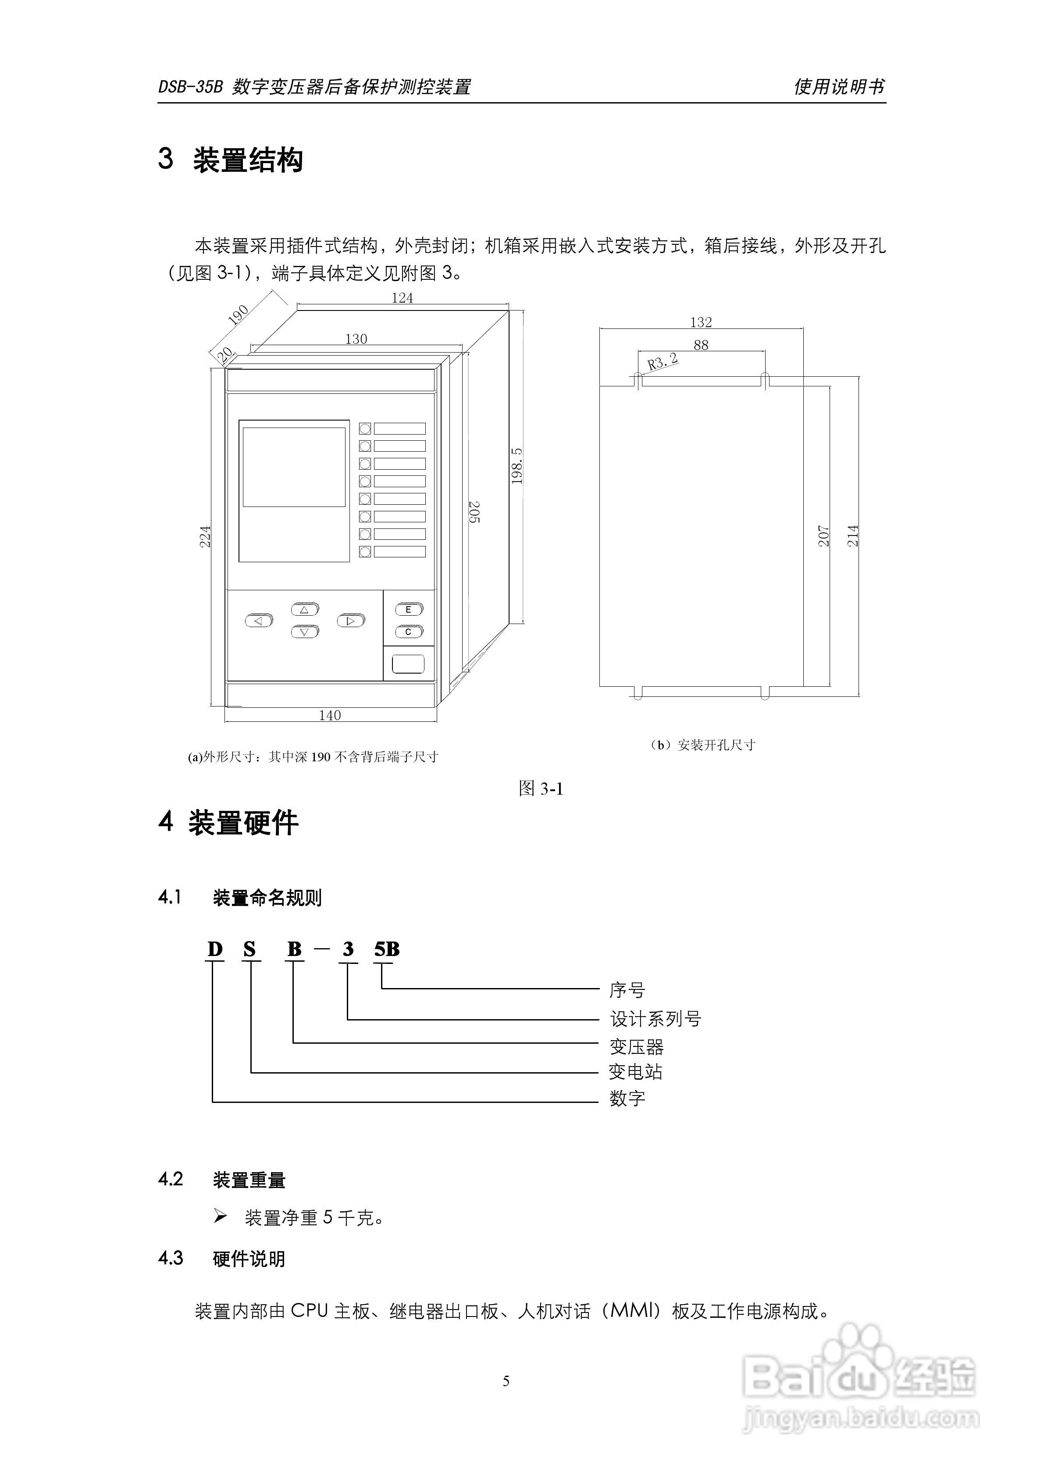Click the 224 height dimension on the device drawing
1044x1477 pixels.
coord(205,536)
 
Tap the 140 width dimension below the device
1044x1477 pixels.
coord(330,715)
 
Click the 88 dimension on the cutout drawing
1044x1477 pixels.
coord(701,345)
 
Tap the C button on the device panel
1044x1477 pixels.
coord(409,631)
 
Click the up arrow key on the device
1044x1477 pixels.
coord(305,609)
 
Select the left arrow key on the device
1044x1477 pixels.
coord(259,621)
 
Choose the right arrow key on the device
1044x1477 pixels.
coord(351,621)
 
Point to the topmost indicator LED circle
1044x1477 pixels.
coord(365,428)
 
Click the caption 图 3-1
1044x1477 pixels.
coord(541,788)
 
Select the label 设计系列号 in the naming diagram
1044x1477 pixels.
coord(655,1019)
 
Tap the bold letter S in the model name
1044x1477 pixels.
coord(249,949)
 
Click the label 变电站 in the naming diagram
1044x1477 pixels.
coord(635,1072)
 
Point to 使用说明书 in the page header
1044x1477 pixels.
coord(839,87)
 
